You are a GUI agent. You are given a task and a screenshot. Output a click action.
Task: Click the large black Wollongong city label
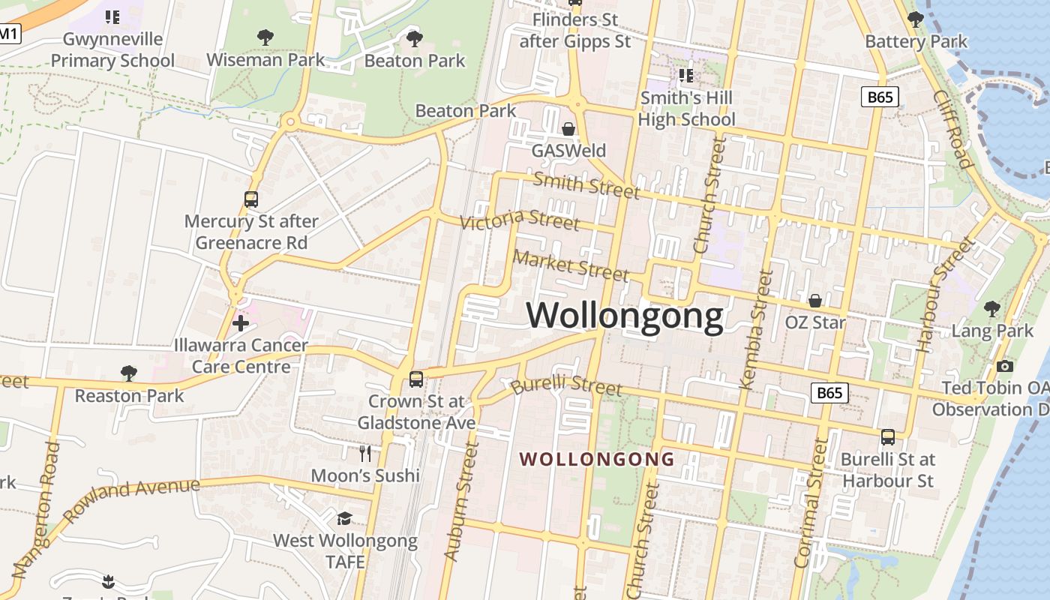pos(625,315)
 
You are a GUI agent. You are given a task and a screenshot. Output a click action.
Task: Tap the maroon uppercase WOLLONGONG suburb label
pos(597,459)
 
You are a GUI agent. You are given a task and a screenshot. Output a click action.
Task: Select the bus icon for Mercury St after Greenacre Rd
pos(251,199)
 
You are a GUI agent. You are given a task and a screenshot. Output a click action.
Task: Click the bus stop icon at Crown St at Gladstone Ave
pos(416,379)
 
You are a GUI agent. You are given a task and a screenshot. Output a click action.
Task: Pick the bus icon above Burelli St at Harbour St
pos(888,436)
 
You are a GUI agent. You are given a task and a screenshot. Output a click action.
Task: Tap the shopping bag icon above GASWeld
pos(568,129)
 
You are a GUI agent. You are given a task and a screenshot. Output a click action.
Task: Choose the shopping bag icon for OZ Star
pos(815,301)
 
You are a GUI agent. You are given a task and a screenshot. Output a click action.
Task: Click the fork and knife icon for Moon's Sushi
pos(365,453)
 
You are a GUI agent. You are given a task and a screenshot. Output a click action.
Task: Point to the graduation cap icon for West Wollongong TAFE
pos(344,518)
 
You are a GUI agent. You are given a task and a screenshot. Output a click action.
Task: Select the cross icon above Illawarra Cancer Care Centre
pos(241,323)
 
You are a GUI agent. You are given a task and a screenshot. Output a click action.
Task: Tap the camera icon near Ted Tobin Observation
pos(1005,366)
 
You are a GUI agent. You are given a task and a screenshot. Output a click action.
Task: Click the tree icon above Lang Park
pos(992,308)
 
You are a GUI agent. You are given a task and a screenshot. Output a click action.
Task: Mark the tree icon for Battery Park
pos(916,19)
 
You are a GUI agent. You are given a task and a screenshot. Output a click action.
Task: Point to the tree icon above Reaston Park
pos(129,373)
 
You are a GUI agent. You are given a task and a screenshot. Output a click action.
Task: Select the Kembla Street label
pos(755,330)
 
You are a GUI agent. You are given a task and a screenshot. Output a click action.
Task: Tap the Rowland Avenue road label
pos(132,500)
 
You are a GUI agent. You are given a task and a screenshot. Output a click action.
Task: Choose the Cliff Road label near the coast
pos(952,129)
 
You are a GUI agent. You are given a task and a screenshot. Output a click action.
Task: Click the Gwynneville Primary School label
pos(112,49)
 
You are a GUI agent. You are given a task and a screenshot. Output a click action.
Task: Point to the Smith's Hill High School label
pos(686,109)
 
